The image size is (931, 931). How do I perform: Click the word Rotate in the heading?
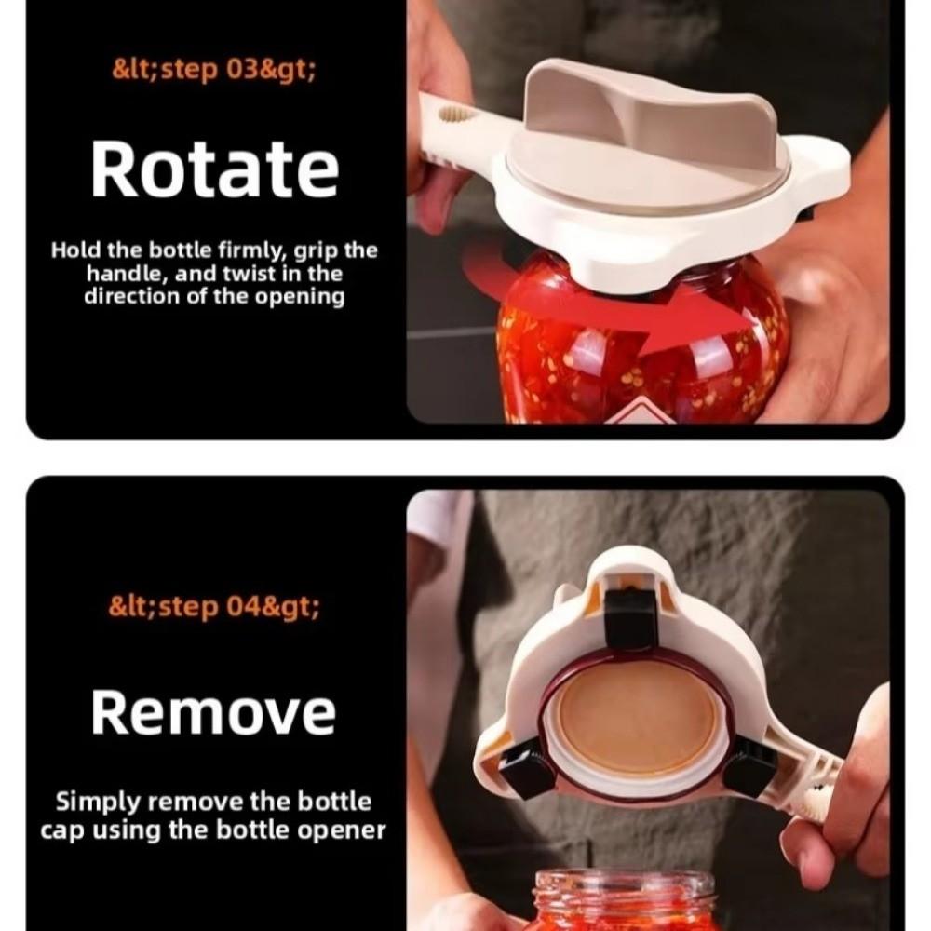214,169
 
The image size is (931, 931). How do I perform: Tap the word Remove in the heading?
213,713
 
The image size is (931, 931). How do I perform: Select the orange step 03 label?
213,71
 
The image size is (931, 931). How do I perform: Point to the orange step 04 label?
214,608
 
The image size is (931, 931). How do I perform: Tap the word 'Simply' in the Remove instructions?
98,803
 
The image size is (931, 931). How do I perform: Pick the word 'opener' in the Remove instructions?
348,829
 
